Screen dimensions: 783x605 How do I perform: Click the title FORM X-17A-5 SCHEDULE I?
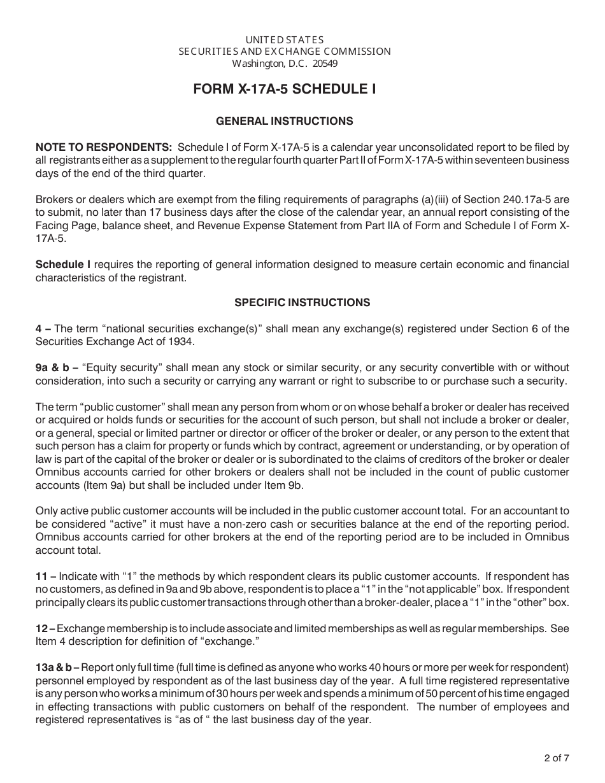tap(285, 90)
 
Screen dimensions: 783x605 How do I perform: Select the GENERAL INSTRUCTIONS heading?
tap(285, 121)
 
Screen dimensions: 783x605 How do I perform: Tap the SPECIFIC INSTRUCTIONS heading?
tap(302, 302)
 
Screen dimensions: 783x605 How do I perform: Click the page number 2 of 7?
tap(553, 758)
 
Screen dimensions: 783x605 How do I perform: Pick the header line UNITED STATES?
tap(285, 39)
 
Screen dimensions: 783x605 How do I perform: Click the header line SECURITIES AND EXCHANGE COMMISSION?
tap(285, 52)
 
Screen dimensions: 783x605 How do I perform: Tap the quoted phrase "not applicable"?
tap(404, 589)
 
